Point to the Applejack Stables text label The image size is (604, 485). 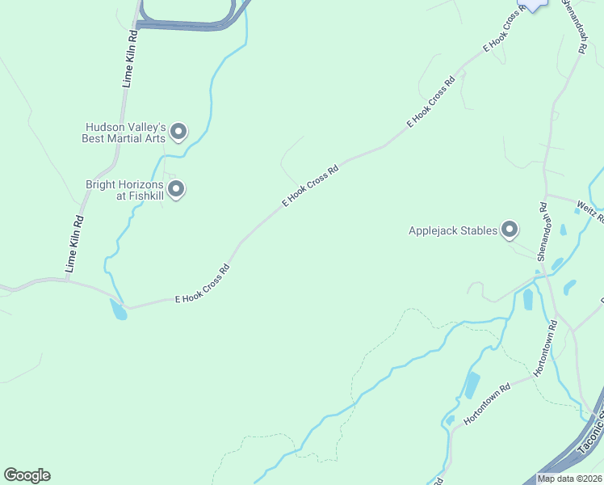pos(454,231)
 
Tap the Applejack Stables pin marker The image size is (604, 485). pos(510,230)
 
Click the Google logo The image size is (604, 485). pos(27,475)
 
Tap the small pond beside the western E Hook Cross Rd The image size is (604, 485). pos(119,309)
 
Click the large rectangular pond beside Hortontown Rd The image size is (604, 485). pos(472,386)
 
